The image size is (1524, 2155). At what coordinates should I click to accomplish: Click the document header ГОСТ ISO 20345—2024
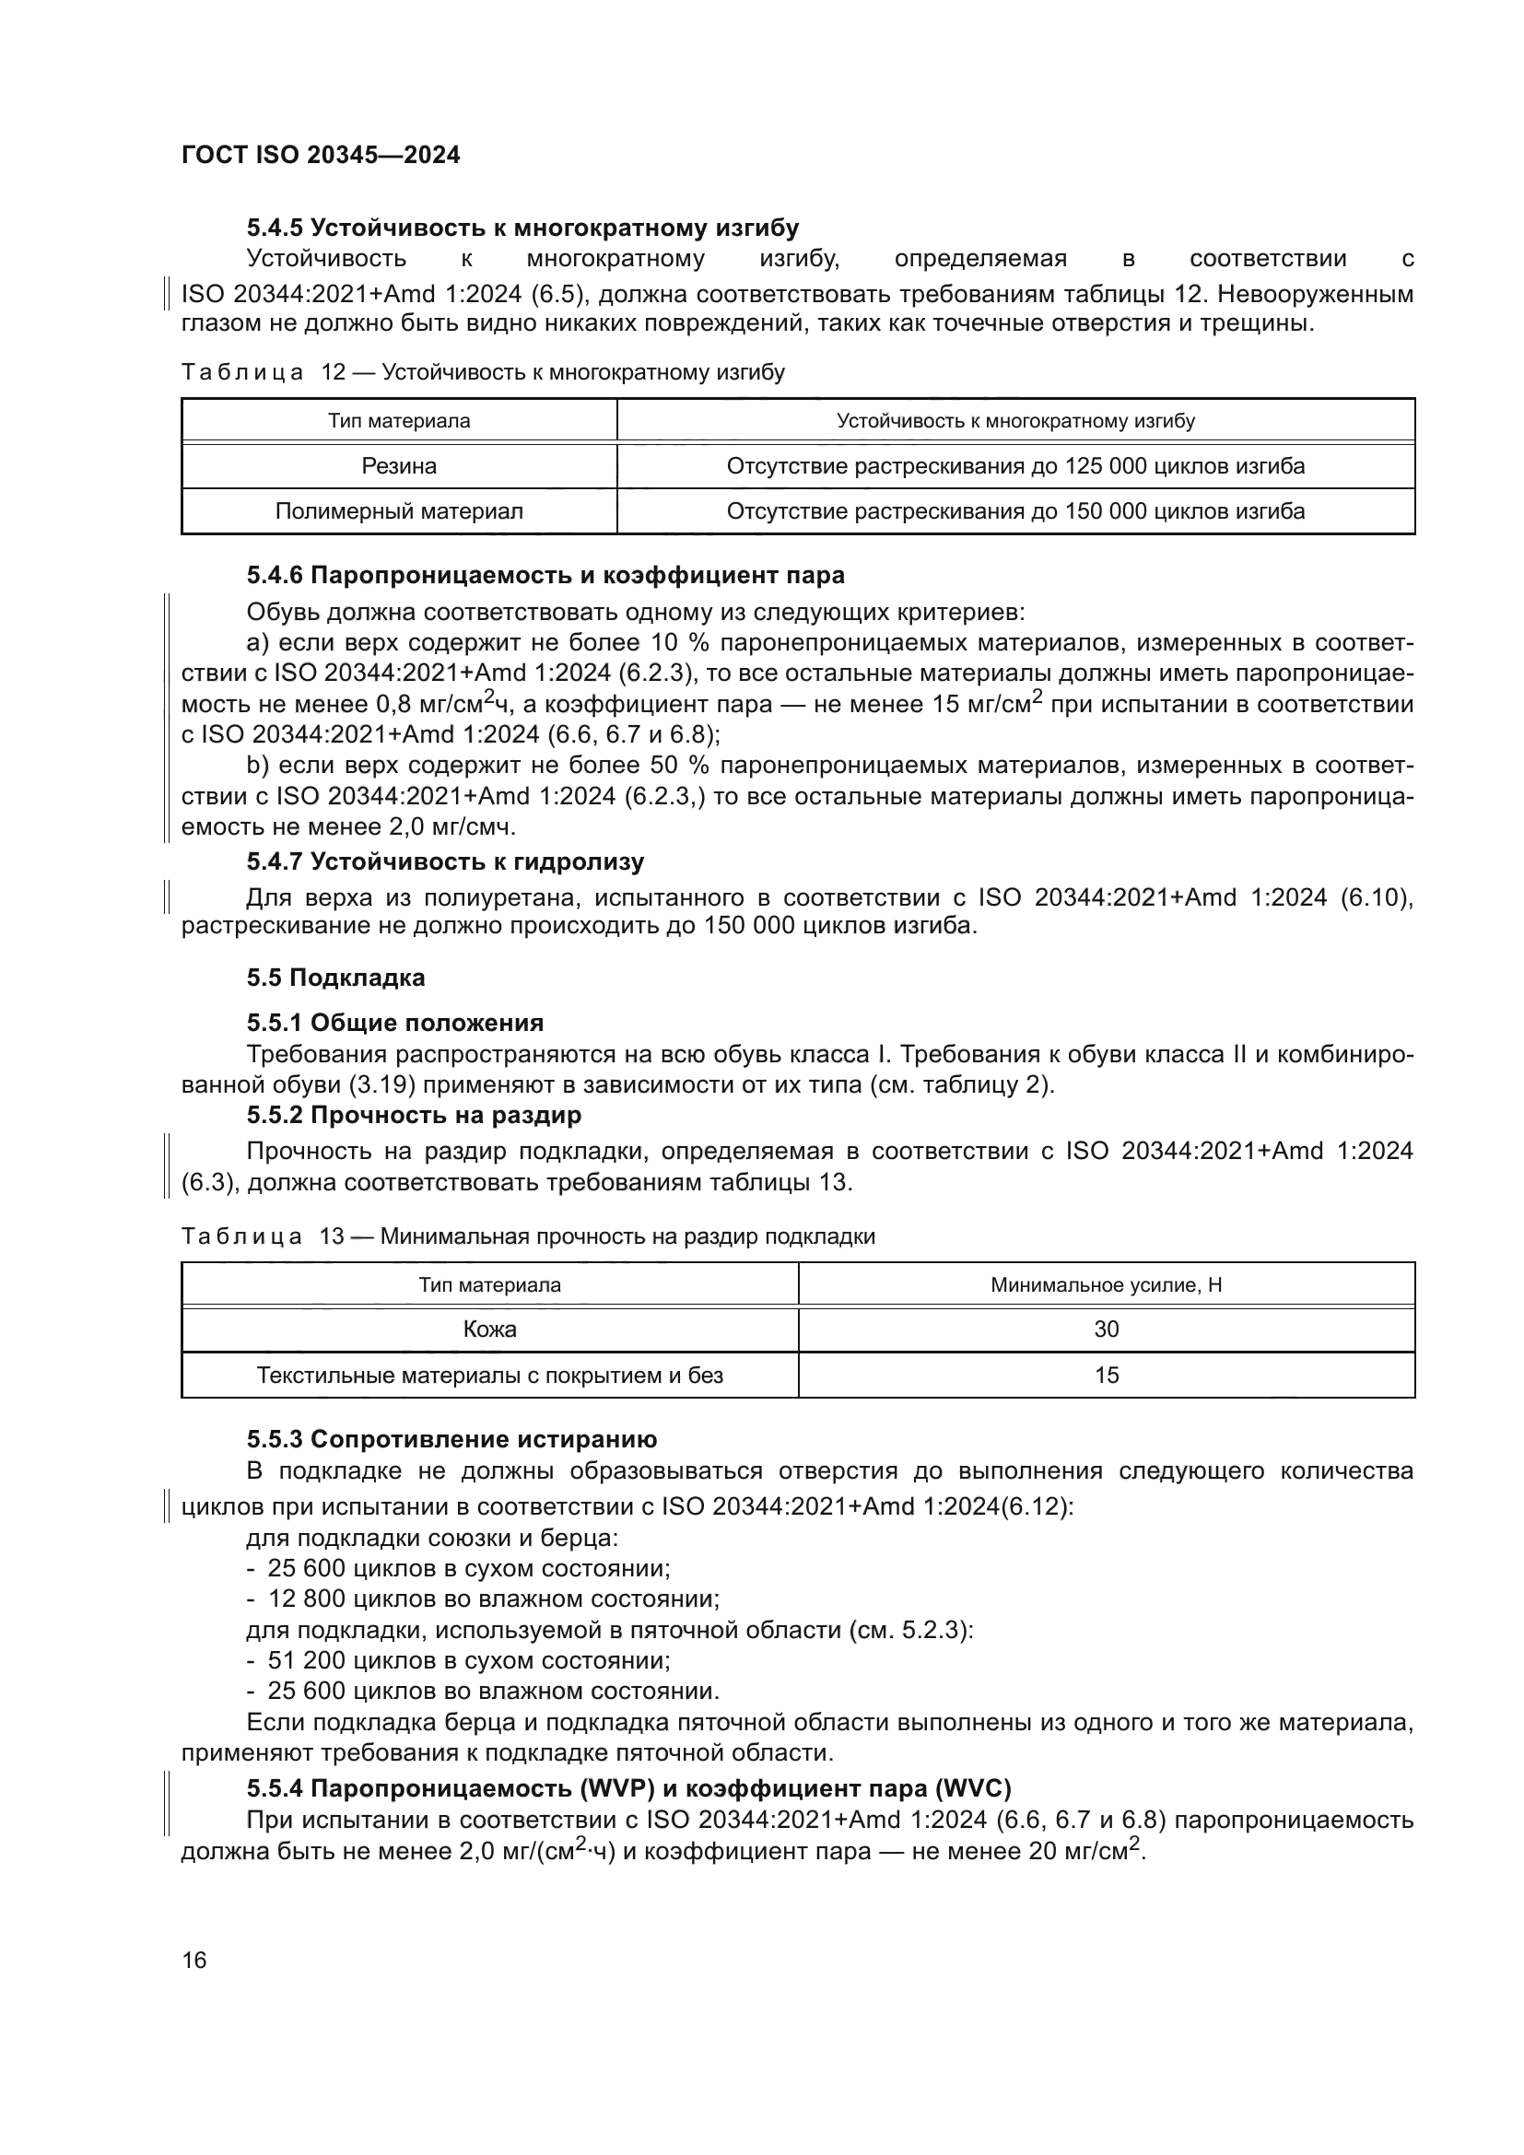tap(320, 156)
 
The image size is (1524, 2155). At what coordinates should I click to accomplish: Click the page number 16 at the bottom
tap(194, 1960)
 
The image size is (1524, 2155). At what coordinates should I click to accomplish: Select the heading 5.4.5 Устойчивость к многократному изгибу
tap(522, 228)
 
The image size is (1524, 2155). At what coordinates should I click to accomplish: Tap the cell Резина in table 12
tap(399, 466)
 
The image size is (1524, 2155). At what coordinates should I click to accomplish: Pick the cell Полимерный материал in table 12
tap(399, 511)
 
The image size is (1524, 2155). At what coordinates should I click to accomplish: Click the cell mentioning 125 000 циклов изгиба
tap(1015, 466)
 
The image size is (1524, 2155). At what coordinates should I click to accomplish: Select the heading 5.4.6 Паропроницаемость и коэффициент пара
tap(545, 574)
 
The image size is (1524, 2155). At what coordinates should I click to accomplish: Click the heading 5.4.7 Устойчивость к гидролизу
tap(445, 861)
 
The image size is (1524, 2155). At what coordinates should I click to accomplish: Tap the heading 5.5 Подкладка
tap(336, 978)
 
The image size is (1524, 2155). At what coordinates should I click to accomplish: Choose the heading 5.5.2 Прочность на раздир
tap(414, 1115)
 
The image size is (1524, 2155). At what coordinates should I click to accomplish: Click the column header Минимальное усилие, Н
tap(1106, 1285)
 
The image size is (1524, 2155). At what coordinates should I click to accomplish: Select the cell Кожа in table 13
tap(490, 1329)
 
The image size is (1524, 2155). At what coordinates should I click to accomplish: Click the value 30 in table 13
tap(1107, 1329)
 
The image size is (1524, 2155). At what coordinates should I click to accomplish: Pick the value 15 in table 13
tap(1107, 1375)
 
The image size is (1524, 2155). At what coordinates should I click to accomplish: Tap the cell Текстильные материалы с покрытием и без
tap(490, 1375)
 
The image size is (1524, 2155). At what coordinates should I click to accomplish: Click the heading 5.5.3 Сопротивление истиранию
tap(451, 1439)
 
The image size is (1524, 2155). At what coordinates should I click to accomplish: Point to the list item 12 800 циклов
tap(493, 1599)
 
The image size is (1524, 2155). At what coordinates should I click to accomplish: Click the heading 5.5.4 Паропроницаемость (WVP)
tap(628, 1787)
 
